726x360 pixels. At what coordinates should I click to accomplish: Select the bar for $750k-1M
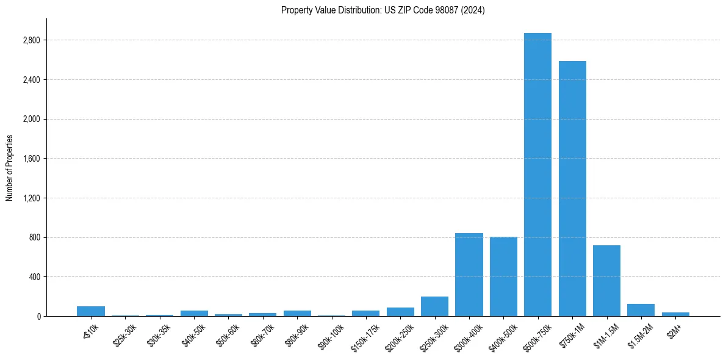coord(572,189)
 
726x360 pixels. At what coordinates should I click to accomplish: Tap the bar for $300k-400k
coord(469,275)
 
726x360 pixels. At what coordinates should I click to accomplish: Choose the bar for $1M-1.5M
coord(606,281)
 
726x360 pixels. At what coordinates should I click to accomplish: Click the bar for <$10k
coord(91,311)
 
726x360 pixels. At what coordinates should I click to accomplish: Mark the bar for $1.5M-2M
coord(641,310)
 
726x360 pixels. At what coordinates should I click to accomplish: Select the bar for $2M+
coord(675,314)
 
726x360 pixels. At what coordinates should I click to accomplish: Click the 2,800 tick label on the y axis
coord(31,40)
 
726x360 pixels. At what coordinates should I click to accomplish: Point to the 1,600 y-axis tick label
coord(31,159)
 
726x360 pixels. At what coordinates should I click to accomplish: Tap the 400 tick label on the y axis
coord(34,277)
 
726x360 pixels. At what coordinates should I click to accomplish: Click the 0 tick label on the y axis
coord(38,316)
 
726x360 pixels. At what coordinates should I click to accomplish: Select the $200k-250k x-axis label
coord(399,335)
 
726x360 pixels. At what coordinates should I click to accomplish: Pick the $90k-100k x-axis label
coord(330,335)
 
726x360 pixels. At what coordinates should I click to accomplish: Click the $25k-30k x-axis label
coord(124,334)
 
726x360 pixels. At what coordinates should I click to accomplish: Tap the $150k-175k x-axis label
coord(364,335)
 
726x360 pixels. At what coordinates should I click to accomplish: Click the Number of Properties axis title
coord(10,168)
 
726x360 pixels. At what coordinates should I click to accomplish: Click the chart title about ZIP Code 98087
coord(383,10)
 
